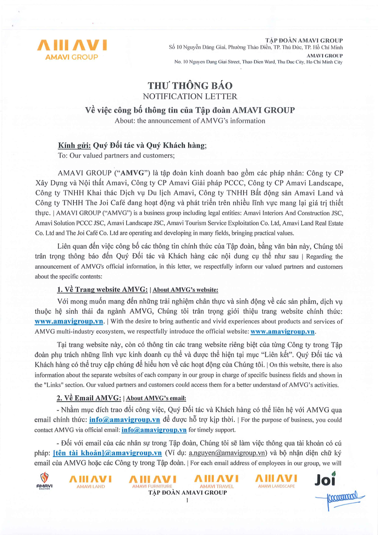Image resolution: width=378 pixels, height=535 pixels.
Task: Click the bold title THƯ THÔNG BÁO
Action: click(x=190, y=86)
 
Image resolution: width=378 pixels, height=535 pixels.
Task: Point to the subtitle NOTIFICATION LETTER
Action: click(x=190, y=96)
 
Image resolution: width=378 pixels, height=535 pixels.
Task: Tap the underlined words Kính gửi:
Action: click(x=74, y=145)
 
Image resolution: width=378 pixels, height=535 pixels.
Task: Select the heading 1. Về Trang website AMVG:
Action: click(x=102, y=290)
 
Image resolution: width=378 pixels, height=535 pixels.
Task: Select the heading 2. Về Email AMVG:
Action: click(x=89, y=398)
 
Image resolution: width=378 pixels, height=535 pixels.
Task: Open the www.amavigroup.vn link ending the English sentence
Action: click(x=282, y=332)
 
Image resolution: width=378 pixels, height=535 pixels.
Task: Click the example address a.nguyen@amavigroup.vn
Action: click(x=227, y=453)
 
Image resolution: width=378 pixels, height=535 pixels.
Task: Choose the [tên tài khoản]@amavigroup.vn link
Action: click(x=107, y=453)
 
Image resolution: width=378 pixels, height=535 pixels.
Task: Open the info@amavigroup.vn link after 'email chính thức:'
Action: click(x=125, y=420)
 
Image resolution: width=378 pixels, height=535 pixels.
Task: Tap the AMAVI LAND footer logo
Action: click(x=91, y=481)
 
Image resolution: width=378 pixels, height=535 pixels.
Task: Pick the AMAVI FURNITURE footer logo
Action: click(x=152, y=481)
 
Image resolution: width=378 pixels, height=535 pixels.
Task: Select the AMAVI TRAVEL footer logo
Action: click(x=216, y=481)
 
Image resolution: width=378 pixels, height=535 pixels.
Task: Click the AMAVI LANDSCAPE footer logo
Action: click(x=276, y=481)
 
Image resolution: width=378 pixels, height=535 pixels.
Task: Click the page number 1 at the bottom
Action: click(x=187, y=500)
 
